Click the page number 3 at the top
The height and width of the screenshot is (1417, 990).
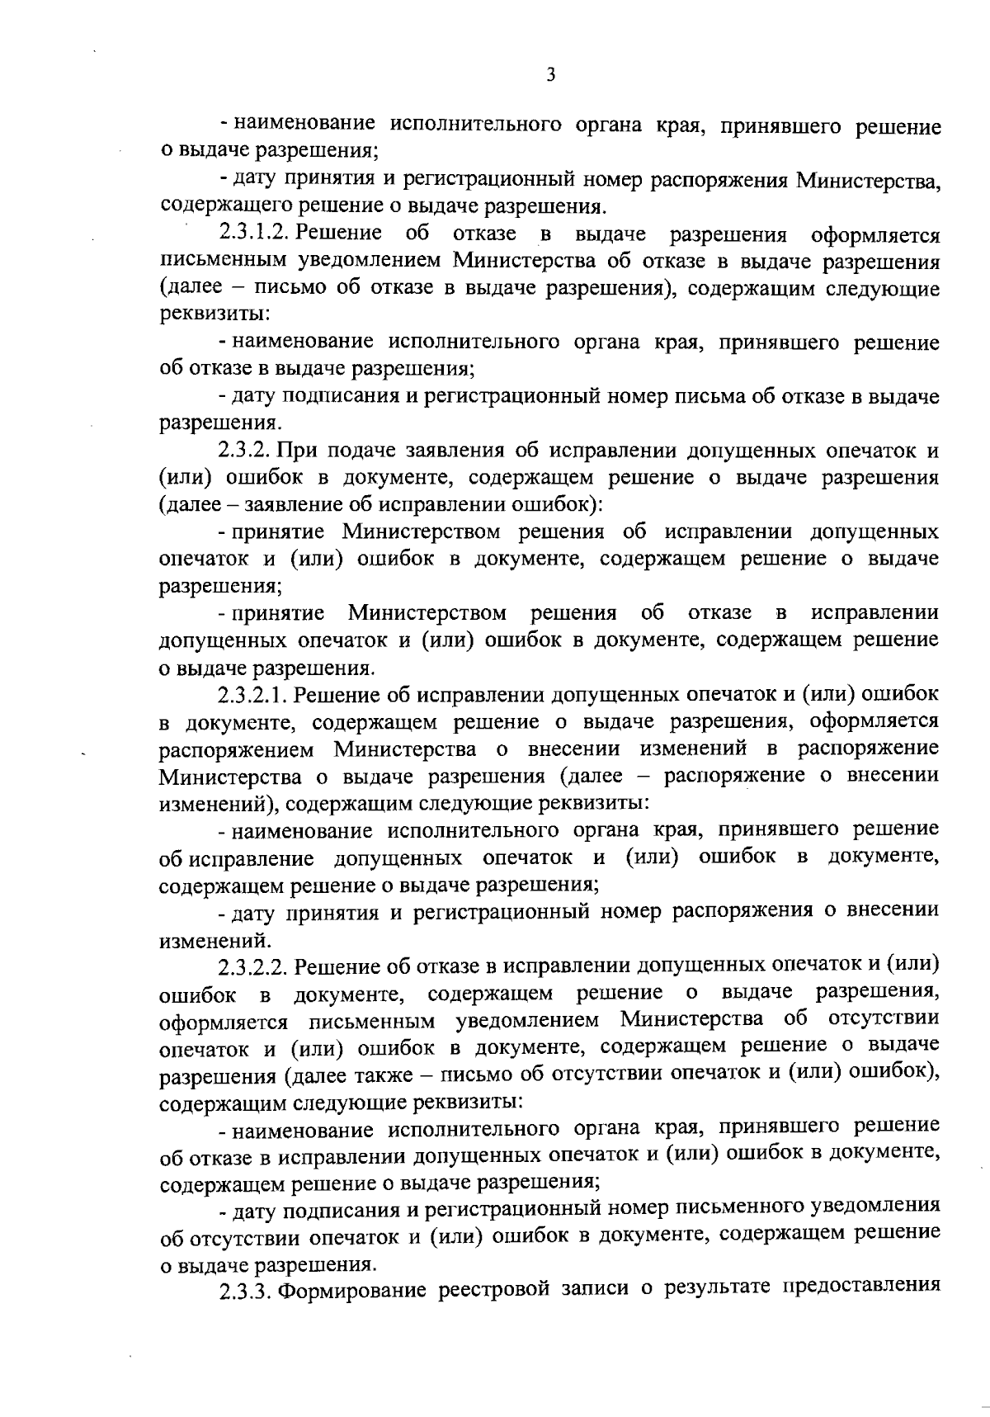click(551, 75)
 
